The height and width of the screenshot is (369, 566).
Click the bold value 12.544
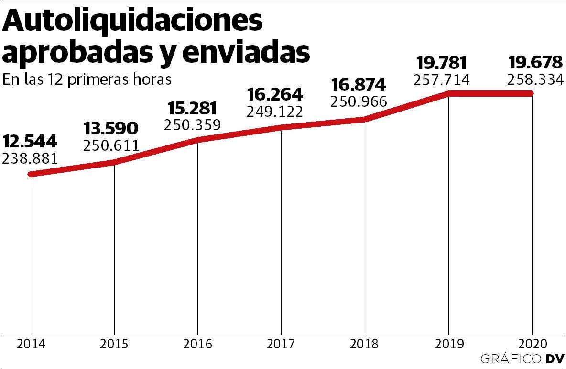[30, 142]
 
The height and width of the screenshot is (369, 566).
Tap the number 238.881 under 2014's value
[30, 158]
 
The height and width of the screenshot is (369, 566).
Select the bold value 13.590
[111, 129]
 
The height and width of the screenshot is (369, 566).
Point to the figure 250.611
[111, 145]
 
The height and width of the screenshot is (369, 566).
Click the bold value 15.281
[192, 108]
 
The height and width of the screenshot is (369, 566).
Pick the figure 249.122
[275, 112]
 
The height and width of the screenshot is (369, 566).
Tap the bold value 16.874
[358, 85]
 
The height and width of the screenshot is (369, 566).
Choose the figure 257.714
[442, 79]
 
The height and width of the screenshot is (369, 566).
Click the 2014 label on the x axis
[31, 344]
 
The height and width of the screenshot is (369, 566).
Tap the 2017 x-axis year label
[281, 344]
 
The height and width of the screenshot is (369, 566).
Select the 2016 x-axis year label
[197, 344]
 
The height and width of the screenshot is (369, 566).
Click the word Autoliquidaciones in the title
[133, 23]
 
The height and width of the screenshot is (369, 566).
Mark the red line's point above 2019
[449, 93]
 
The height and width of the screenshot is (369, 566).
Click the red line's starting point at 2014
[31, 174]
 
